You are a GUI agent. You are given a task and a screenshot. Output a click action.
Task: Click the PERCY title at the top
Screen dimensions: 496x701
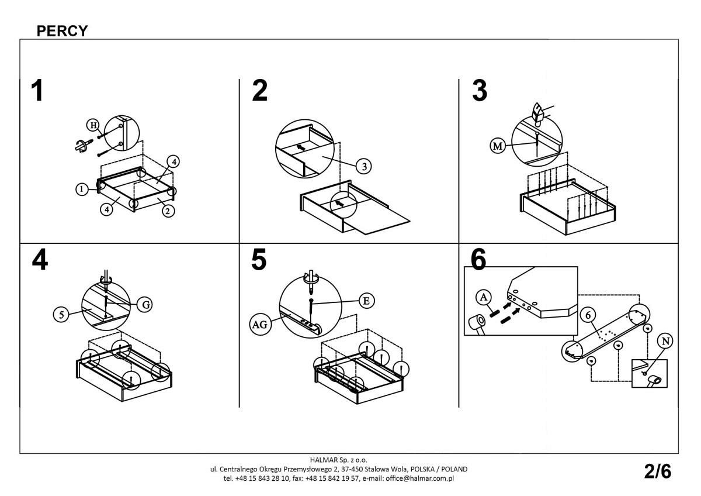pyautogui.click(x=62, y=30)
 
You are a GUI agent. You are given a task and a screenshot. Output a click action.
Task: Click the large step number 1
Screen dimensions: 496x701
pyautogui.click(x=37, y=92)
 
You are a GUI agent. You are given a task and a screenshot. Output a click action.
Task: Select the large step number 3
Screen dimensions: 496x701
pyautogui.click(x=479, y=92)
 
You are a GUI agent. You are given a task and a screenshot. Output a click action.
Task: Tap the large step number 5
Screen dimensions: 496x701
pyautogui.click(x=259, y=261)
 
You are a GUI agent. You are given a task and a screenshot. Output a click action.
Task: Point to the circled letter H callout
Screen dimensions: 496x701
pyautogui.click(x=92, y=125)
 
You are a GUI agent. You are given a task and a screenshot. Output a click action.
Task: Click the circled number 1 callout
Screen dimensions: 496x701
pyautogui.click(x=82, y=189)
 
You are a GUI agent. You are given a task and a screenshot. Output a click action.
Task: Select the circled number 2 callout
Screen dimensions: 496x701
pyautogui.click(x=168, y=211)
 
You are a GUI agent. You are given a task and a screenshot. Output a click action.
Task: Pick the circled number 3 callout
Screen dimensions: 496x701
pyautogui.click(x=363, y=167)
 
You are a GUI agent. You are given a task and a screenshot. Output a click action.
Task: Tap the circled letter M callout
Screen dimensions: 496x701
pyautogui.click(x=497, y=146)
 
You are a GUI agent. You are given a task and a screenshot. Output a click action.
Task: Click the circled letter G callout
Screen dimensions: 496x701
pyautogui.click(x=145, y=304)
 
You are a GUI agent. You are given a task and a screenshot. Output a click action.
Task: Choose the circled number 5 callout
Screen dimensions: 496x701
pyautogui.click(x=60, y=314)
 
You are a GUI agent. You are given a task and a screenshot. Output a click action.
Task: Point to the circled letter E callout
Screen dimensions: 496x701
pyautogui.click(x=366, y=301)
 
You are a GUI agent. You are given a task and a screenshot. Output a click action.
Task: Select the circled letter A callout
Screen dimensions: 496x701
pyautogui.click(x=483, y=297)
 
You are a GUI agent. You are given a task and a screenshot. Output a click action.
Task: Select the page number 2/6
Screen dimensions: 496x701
pyautogui.click(x=658, y=471)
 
